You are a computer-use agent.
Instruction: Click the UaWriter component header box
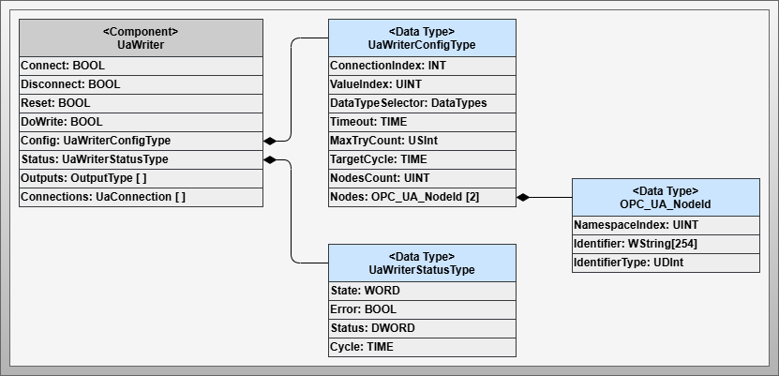(141, 38)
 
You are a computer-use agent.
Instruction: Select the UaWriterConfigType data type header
(422, 38)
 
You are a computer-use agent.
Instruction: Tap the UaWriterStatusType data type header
(422, 263)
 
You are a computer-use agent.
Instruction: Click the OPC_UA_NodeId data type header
(666, 197)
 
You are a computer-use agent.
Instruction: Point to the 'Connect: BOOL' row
(141, 66)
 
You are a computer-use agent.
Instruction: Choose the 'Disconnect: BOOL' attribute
(141, 84)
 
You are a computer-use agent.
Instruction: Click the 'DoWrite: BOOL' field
(141, 122)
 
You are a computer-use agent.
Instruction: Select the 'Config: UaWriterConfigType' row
(141, 141)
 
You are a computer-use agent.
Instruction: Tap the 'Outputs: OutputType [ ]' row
(141, 178)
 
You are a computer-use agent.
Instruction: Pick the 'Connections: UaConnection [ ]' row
(141, 197)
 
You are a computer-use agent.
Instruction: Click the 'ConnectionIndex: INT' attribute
(422, 66)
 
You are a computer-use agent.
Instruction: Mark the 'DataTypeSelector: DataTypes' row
(422, 103)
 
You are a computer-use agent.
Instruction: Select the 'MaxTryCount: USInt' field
(422, 141)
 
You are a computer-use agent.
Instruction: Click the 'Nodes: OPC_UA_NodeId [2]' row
(422, 197)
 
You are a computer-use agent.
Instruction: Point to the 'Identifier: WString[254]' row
(666, 244)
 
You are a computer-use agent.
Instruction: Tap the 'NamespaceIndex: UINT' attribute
(666, 225)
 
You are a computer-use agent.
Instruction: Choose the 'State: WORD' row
(422, 291)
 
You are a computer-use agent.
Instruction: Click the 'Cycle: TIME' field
(422, 347)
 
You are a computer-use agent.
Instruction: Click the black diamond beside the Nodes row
(524, 197)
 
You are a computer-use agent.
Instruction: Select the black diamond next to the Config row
(271, 141)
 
